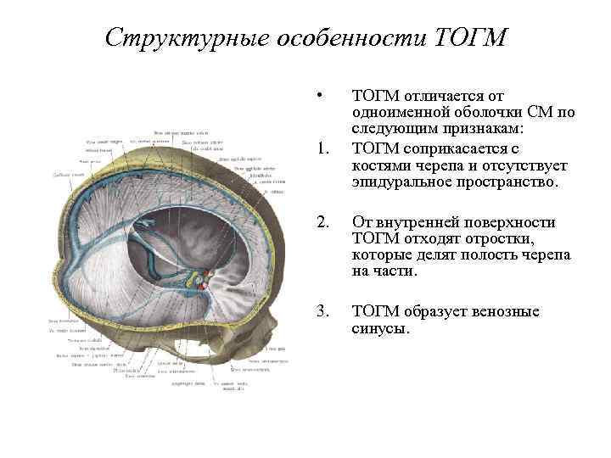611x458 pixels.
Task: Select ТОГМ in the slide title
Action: [x=469, y=38]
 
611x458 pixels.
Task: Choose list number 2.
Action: [x=320, y=222]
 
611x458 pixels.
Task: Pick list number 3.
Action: [x=320, y=311]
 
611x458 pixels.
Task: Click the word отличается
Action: [x=443, y=96]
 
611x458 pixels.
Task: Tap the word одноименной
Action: [x=403, y=111]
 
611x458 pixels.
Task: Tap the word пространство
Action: [x=509, y=182]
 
